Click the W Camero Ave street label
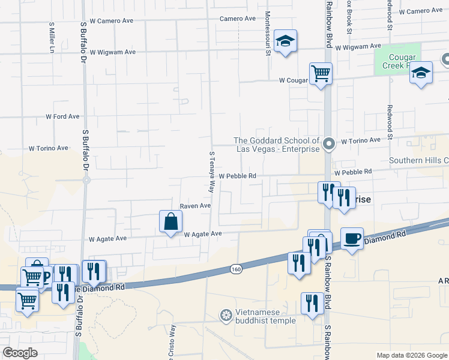111,20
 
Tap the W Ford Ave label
62,116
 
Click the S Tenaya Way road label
211,172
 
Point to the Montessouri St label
268,32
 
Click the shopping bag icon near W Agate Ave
171,221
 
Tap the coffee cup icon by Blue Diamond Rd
352,239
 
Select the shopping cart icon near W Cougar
321,74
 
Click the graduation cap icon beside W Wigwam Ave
286,41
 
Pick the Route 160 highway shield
236,270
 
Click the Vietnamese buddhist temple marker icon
226,314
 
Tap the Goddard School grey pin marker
328,143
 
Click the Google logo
20,353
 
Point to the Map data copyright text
411,355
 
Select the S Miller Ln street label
52,38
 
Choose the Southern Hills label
418,160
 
